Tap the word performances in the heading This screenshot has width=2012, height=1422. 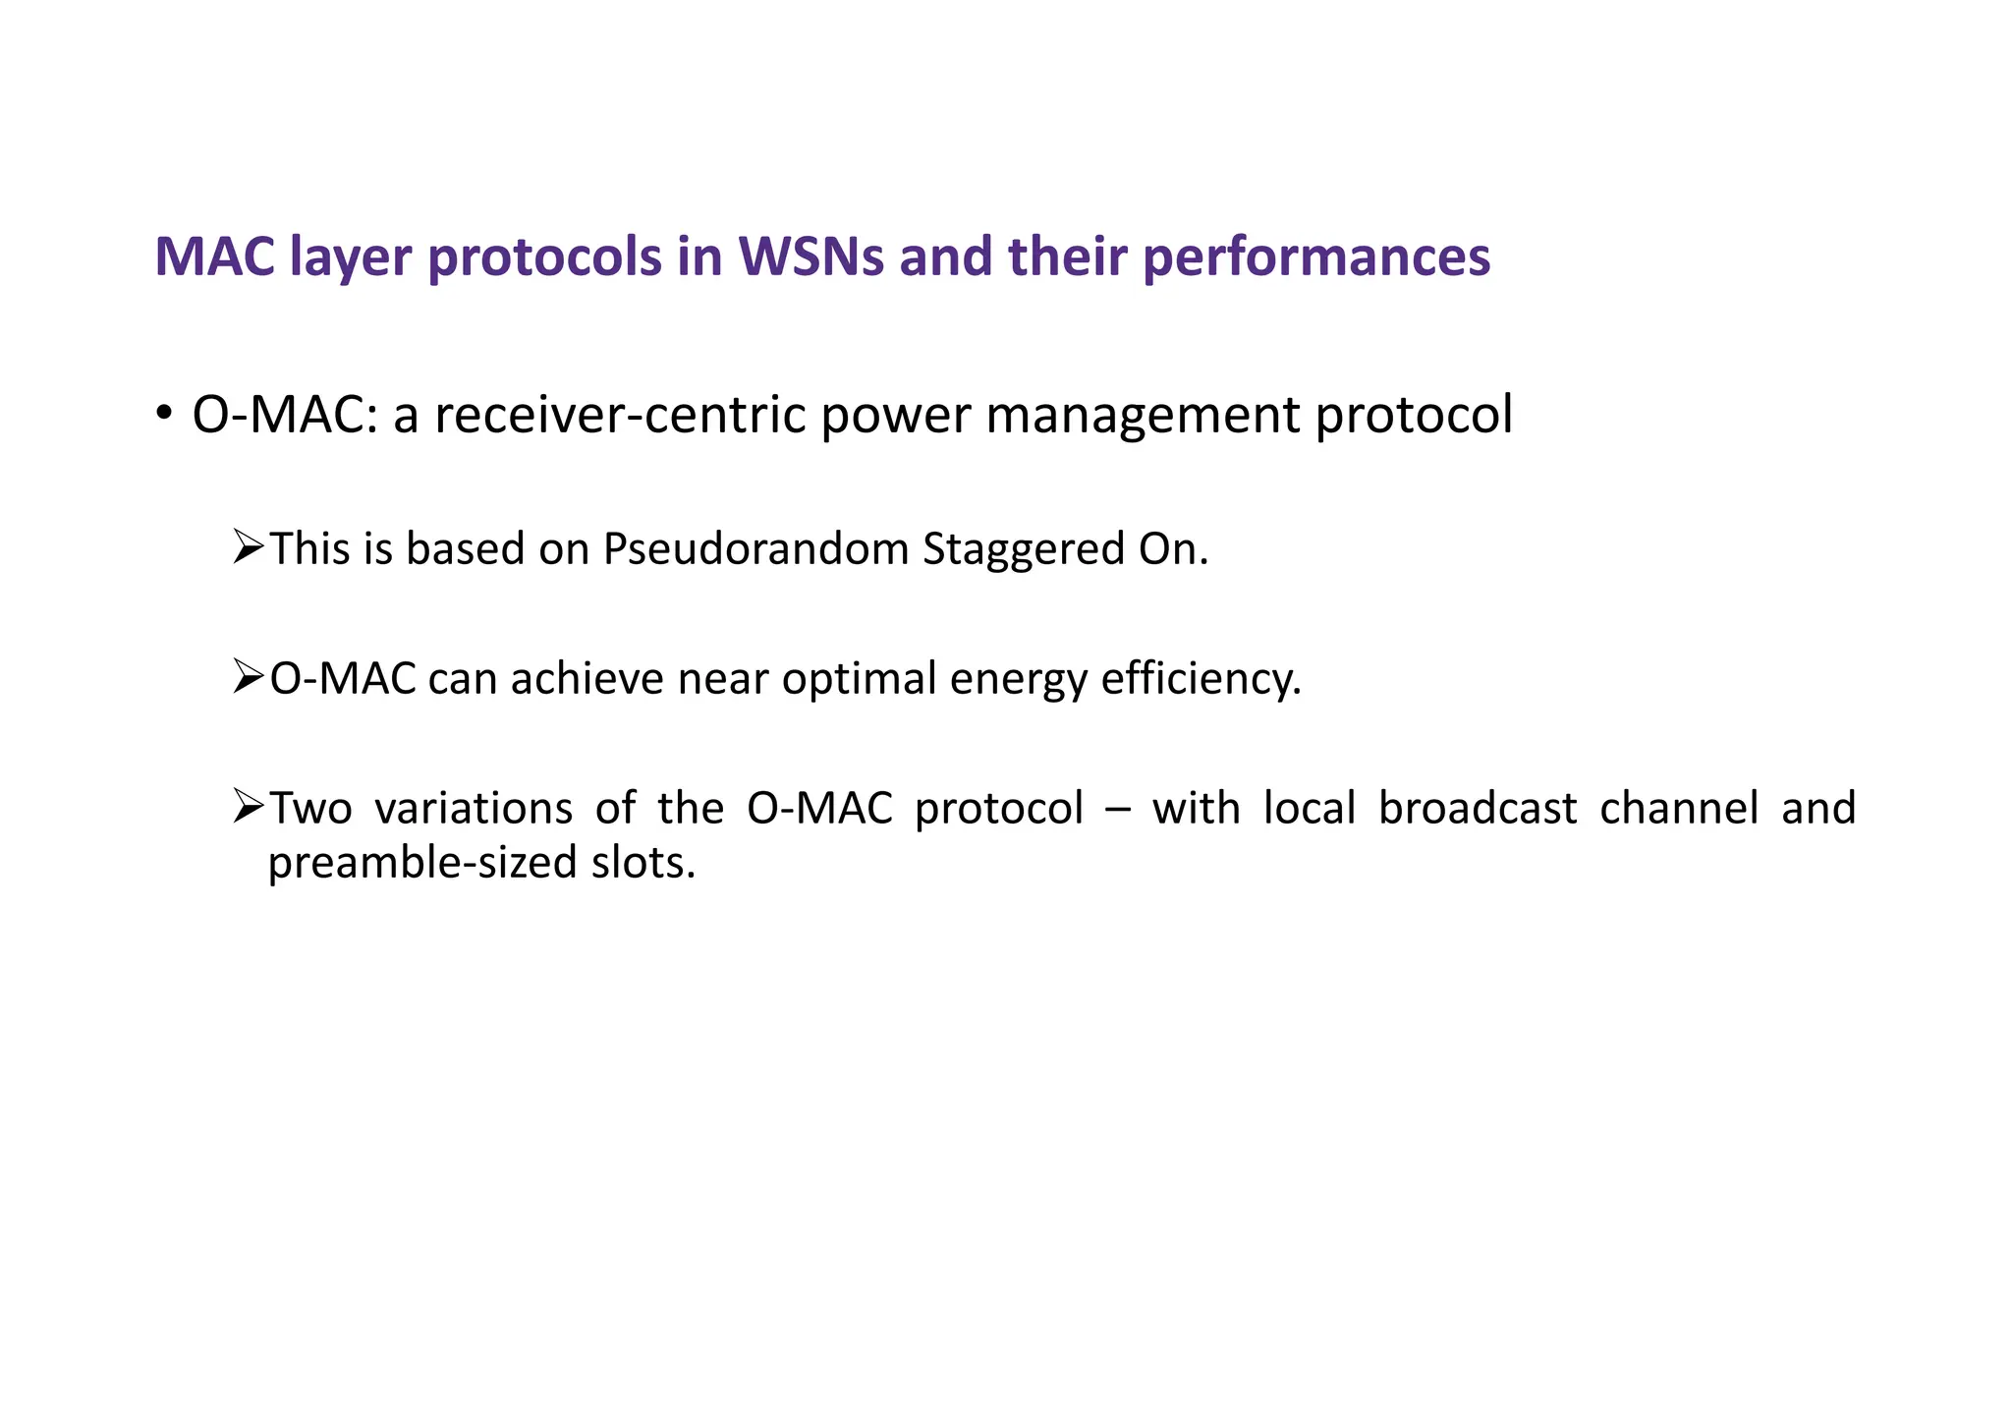point(1316,257)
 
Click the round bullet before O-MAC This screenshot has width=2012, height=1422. point(164,412)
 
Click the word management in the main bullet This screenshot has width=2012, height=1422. point(1143,415)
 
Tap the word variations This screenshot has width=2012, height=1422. point(474,809)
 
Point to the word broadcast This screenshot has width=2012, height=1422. point(1478,809)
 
